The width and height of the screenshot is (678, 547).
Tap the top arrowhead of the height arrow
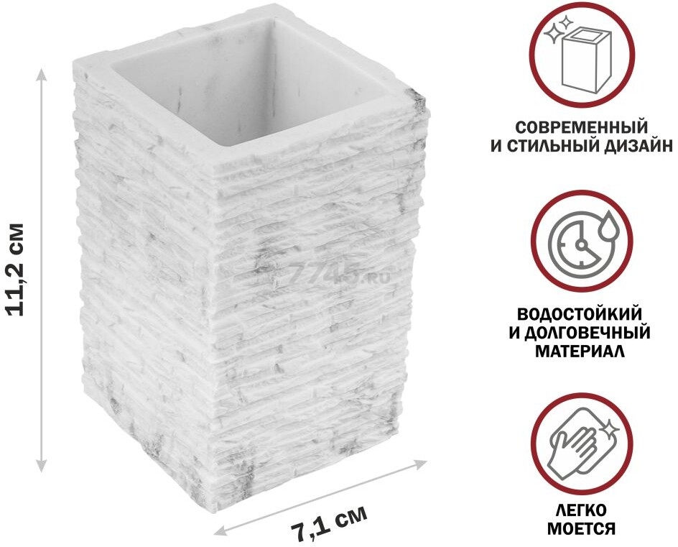[x=41, y=75]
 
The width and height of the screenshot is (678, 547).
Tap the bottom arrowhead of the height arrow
[x=41, y=466]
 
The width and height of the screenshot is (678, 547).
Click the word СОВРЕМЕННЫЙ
[x=582, y=128]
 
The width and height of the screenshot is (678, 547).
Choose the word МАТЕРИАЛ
[x=580, y=351]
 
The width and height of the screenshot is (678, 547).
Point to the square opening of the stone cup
[x=259, y=82]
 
